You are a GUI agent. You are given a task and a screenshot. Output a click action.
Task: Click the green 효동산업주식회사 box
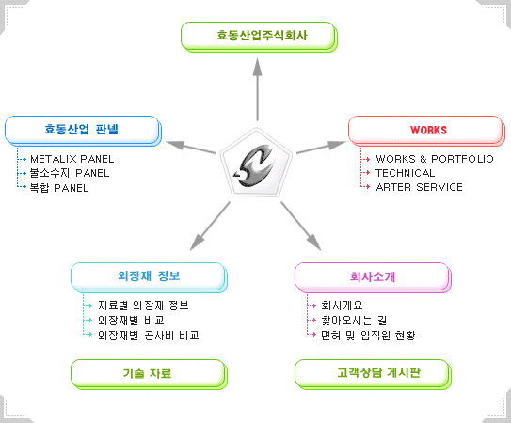[259, 37]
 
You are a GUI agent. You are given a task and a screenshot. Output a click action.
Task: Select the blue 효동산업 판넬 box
[83, 131]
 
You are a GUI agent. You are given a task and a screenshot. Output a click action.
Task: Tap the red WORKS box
[426, 131]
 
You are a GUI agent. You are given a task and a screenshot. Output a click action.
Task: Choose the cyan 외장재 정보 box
[149, 277]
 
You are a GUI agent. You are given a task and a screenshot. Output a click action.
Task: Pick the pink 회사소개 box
[373, 277]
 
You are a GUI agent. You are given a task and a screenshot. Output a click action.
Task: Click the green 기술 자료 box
[149, 374]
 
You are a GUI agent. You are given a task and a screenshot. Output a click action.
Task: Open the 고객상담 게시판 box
[373, 374]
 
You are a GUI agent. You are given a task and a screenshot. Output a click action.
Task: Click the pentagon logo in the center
[256, 164]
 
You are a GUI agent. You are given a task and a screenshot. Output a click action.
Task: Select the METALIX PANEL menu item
[72, 159]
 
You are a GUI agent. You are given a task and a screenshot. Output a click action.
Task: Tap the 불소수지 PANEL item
[70, 173]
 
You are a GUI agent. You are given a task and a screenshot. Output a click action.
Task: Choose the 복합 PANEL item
[59, 188]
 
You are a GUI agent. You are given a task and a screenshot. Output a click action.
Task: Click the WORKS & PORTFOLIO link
[435, 159]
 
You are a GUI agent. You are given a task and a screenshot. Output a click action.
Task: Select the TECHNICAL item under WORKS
[405, 173]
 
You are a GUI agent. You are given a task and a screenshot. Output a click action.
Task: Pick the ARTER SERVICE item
[419, 187]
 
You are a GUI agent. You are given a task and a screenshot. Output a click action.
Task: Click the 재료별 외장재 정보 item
[143, 305]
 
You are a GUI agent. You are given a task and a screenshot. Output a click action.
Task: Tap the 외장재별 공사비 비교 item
[149, 336]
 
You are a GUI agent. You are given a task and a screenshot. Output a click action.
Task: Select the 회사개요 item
[342, 305]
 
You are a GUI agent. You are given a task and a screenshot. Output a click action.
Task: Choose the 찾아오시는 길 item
[354, 321]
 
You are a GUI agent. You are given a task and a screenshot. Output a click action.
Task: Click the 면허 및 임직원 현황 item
[368, 336]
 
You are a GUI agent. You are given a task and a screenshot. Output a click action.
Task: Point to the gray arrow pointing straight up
[258, 89]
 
